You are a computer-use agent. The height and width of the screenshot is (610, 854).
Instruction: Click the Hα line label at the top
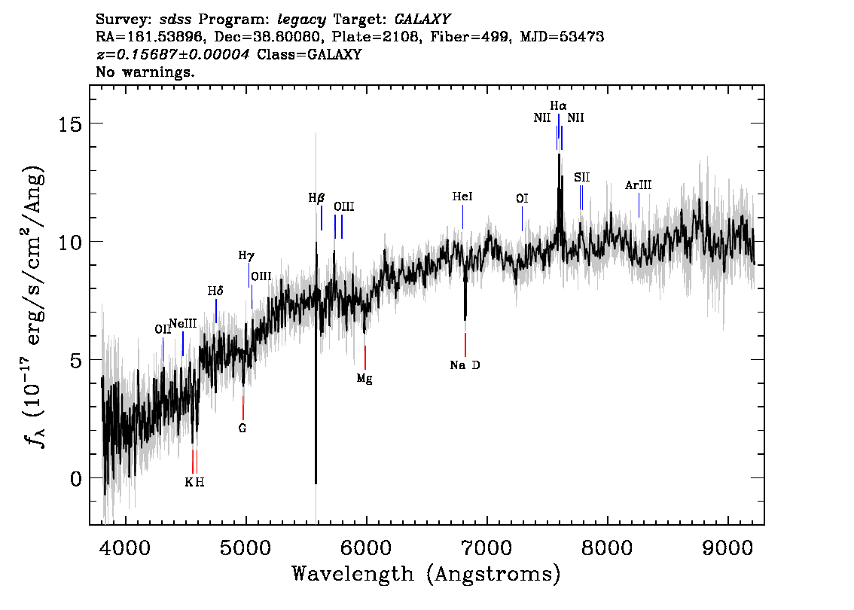(x=558, y=105)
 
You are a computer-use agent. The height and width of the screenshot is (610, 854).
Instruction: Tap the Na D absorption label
(x=465, y=365)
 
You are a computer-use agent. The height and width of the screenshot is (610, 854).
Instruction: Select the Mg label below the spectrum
(x=364, y=379)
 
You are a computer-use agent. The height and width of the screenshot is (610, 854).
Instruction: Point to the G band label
(x=242, y=428)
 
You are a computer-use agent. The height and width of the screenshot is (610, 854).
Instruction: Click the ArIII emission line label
(x=639, y=185)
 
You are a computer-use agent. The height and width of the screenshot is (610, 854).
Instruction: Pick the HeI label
(x=462, y=197)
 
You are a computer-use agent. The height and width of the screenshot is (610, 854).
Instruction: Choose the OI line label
(x=522, y=199)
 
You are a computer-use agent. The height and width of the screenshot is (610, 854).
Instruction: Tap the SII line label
(x=581, y=177)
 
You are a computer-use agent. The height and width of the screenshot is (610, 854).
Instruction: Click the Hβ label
(x=316, y=198)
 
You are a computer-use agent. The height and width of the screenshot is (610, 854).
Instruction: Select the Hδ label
(x=215, y=291)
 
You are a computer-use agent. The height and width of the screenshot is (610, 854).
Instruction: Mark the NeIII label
(x=183, y=324)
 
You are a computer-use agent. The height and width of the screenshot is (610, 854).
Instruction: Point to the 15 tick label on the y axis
(x=70, y=124)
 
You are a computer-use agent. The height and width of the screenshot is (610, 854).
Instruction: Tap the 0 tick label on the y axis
(x=76, y=478)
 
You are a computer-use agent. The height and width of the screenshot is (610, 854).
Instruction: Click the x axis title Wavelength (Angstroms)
(x=426, y=574)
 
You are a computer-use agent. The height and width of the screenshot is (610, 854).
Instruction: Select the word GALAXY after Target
(x=422, y=20)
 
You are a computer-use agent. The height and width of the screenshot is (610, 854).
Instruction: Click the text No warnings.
(x=145, y=72)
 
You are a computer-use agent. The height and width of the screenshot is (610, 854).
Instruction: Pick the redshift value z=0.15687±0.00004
(x=173, y=54)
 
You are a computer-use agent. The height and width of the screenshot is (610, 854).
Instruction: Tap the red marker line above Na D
(x=465, y=345)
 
